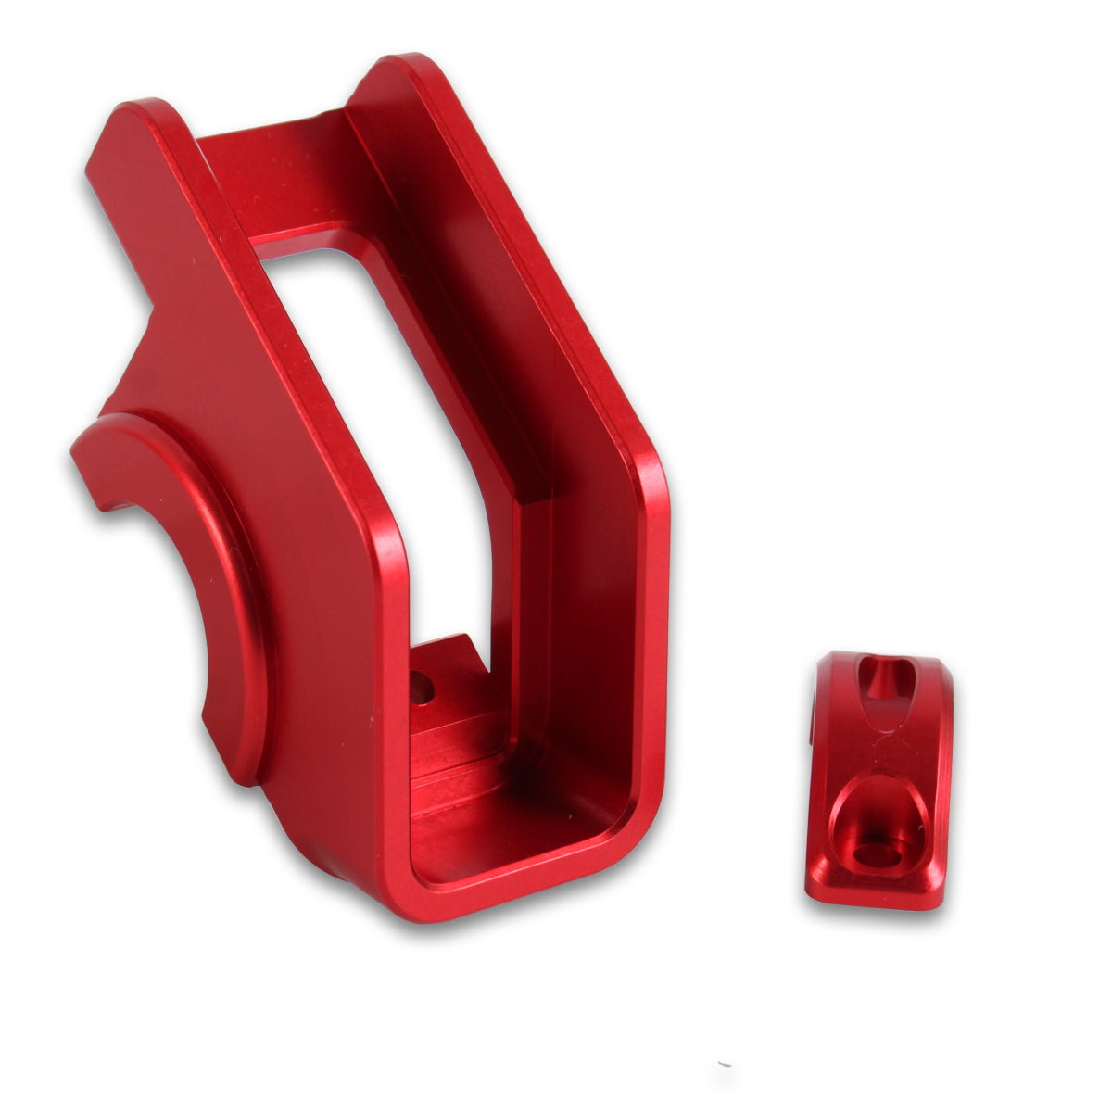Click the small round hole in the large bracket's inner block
pyautogui.click(x=422, y=688)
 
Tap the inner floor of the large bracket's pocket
pyautogui.click(x=519, y=834)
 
